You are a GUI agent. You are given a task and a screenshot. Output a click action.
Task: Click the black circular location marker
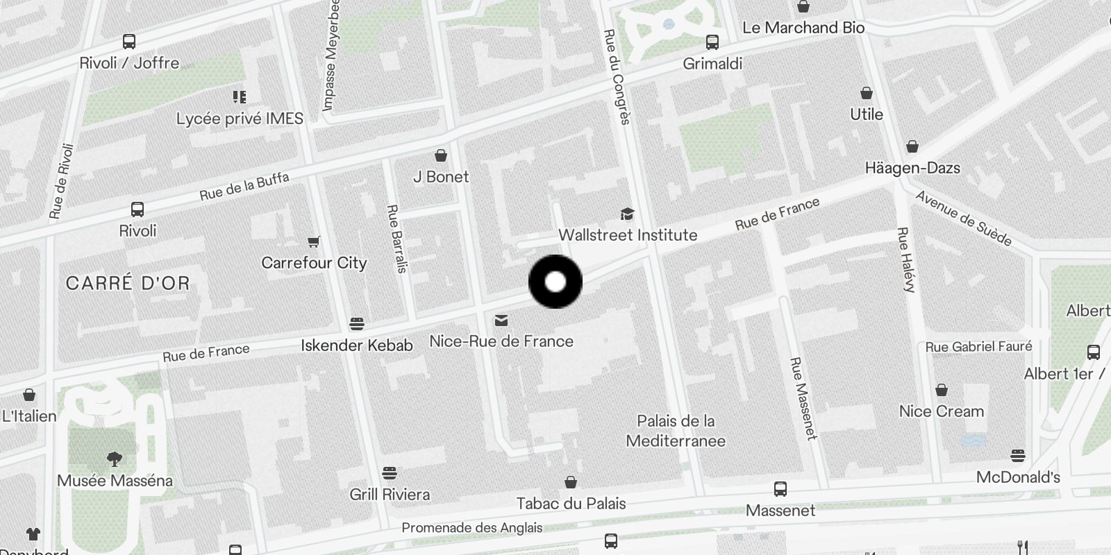(x=555, y=282)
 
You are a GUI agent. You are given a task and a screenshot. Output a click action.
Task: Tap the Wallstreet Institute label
(x=628, y=235)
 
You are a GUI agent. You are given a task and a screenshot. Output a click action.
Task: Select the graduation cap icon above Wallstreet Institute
(x=628, y=214)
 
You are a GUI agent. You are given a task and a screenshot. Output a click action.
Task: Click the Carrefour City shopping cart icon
(x=314, y=241)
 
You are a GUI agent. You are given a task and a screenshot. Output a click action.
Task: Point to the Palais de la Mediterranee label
(x=676, y=431)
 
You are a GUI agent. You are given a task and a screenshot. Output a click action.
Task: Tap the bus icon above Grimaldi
(x=712, y=42)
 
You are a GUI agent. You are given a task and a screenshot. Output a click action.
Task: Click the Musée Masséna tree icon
(x=115, y=459)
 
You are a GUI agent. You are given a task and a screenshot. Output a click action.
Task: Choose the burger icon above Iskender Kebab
(x=357, y=323)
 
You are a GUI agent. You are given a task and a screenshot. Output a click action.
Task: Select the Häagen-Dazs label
(x=912, y=168)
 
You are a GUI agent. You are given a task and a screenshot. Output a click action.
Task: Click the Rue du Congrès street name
(x=617, y=76)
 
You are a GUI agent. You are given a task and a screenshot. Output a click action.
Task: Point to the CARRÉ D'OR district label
(x=128, y=283)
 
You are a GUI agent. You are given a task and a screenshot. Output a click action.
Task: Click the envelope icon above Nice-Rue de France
(x=501, y=320)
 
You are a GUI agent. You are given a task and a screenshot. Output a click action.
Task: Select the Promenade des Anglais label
(x=472, y=528)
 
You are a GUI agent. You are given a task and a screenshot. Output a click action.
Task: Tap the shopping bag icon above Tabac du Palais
(x=571, y=481)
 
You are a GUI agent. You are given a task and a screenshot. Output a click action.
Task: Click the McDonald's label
(x=1018, y=477)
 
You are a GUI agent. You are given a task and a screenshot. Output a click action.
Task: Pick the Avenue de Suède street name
(x=964, y=218)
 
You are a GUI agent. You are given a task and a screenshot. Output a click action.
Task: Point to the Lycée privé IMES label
(x=240, y=119)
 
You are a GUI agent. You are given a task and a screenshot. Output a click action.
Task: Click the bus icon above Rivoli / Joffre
(x=129, y=41)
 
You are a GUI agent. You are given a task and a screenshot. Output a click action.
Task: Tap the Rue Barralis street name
(x=396, y=239)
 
